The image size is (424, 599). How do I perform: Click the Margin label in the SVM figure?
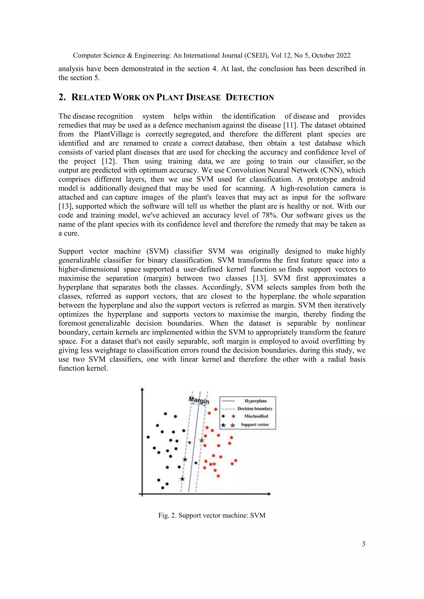[x=199, y=400]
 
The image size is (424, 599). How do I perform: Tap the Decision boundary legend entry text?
[x=255, y=409]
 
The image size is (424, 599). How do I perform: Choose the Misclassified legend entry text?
[x=256, y=416]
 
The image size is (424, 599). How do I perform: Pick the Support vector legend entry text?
[x=255, y=424]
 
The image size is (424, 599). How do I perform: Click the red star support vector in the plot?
[x=202, y=440]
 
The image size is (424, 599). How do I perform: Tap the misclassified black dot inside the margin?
[x=196, y=463]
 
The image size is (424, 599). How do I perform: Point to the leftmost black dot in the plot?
[x=148, y=437]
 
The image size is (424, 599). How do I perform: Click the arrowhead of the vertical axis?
[x=142, y=389]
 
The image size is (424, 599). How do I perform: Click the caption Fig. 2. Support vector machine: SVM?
[x=212, y=515]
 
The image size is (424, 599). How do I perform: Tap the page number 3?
[x=363, y=544]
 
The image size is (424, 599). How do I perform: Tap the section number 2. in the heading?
[x=62, y=97]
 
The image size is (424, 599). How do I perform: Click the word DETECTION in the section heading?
[x=250, y=97]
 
